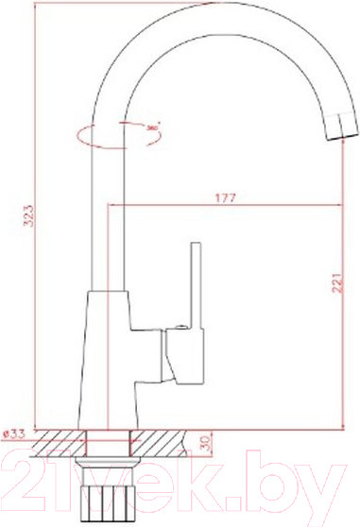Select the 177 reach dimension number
tap(225, 197)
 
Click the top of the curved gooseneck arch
tap(217, 12)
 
